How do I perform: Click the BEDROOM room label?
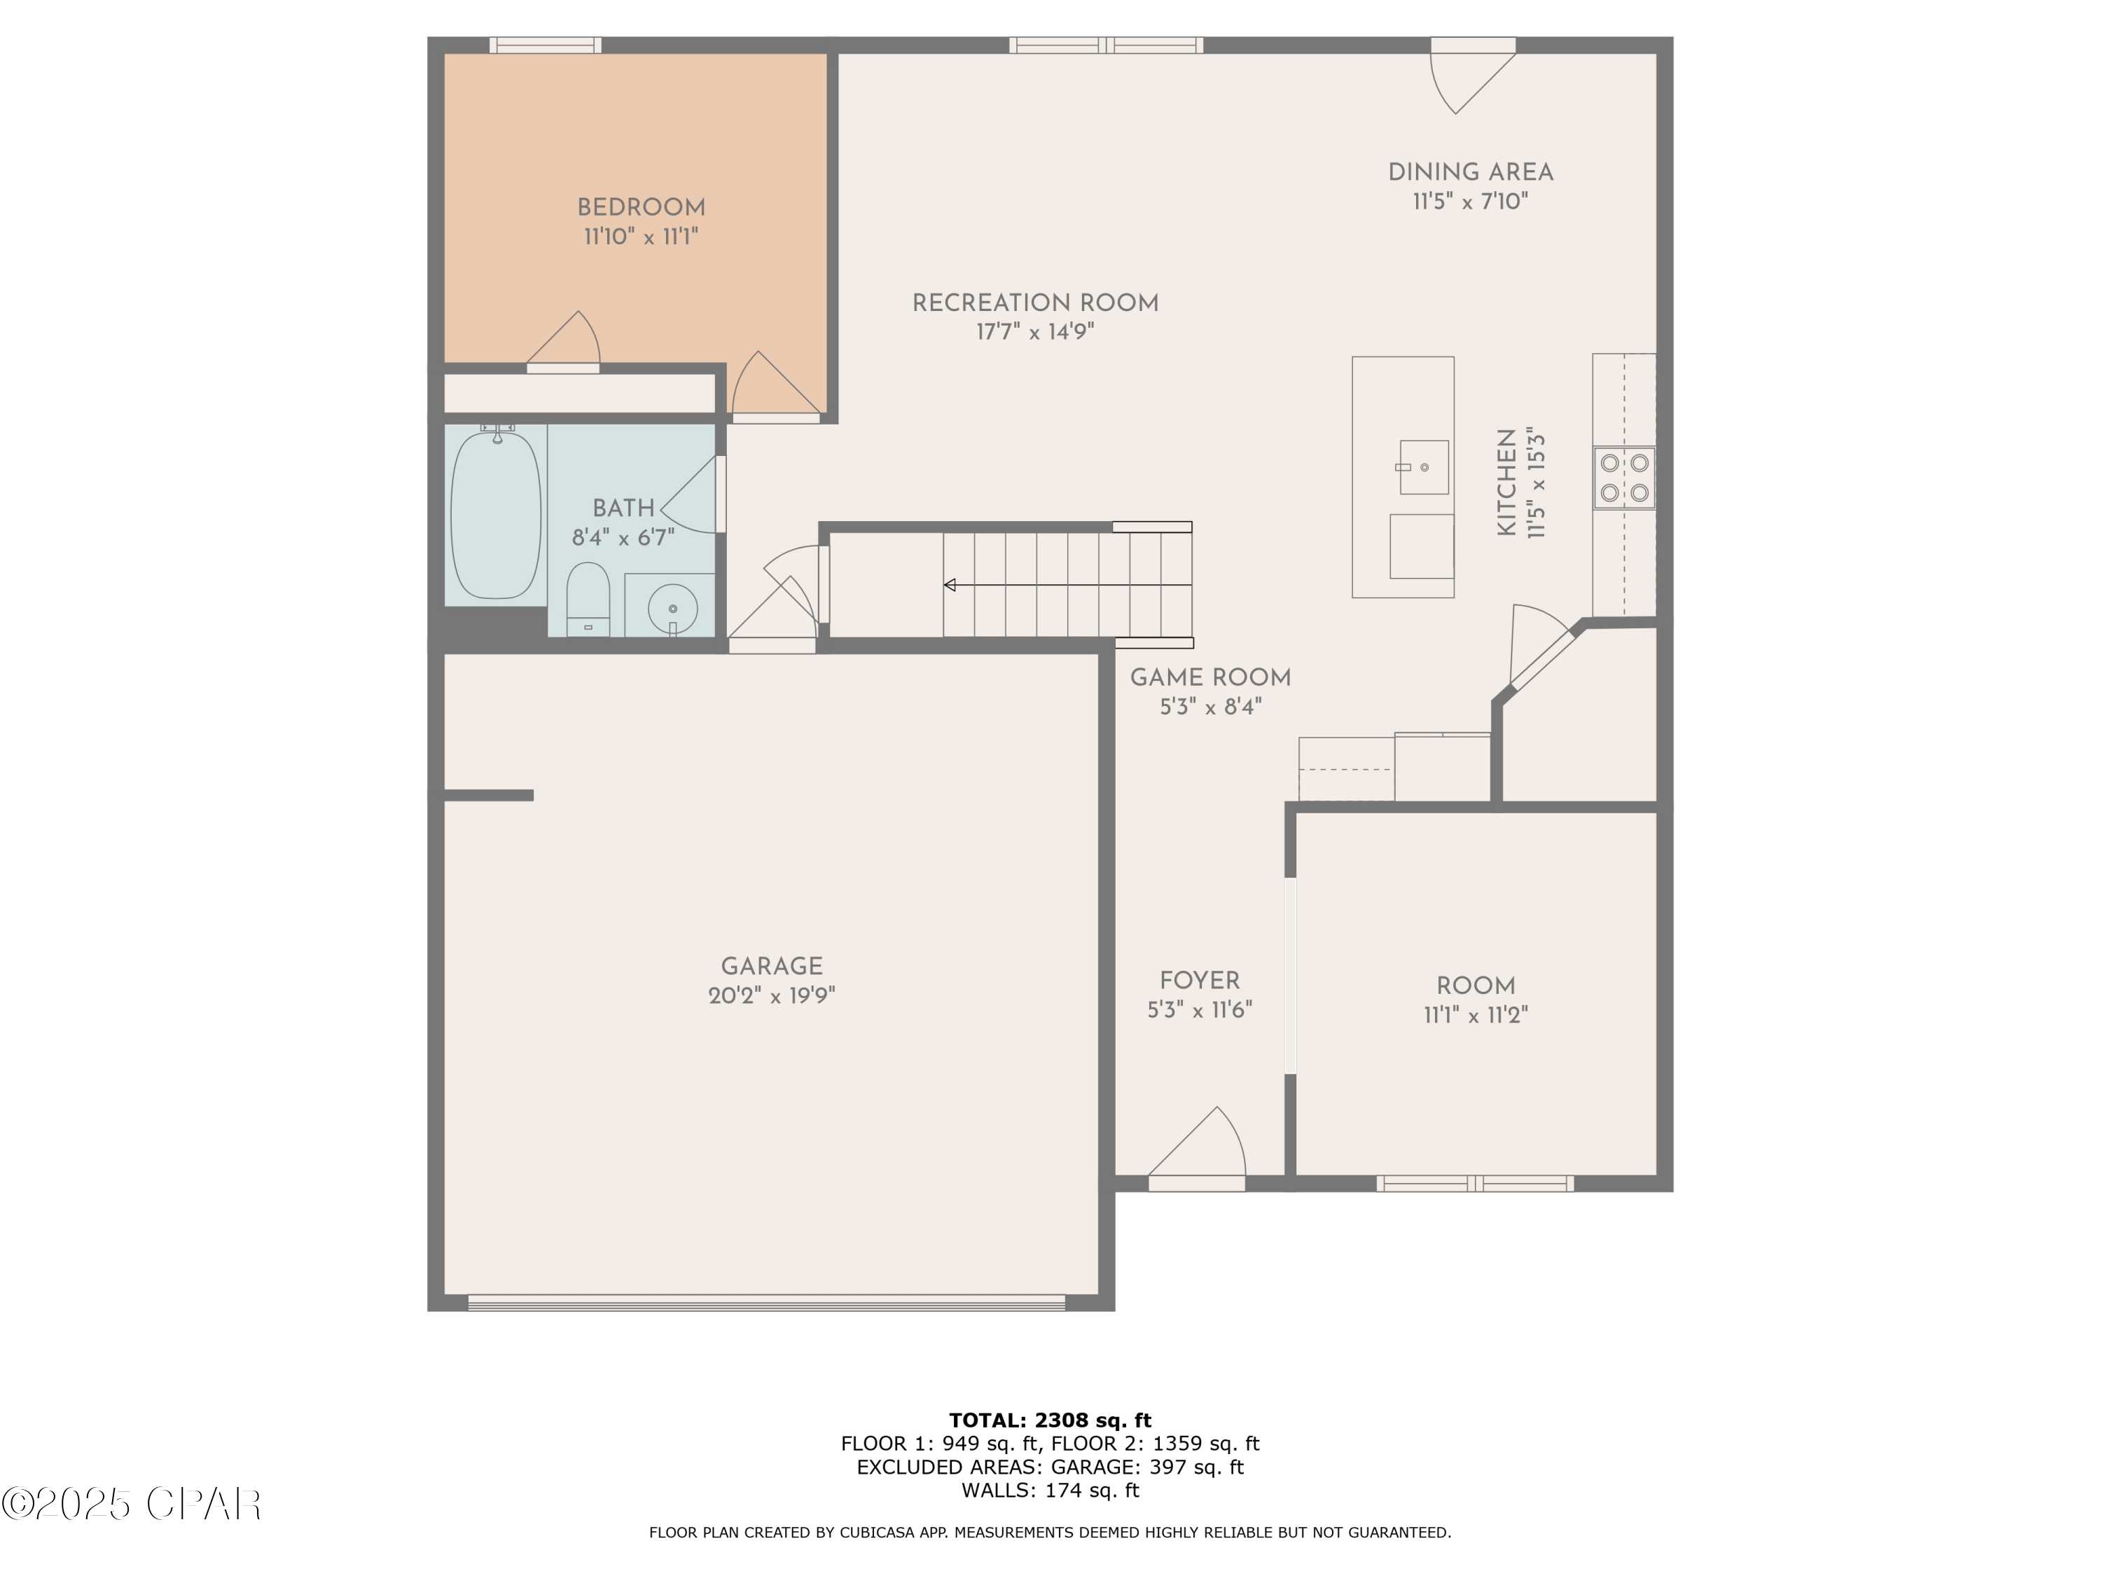[x=641, y=208]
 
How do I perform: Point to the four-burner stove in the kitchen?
[x=1624, y=478]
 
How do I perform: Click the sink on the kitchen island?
[x=1424, y=467]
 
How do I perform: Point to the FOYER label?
[x=1200, y=981]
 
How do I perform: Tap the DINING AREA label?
[x=1470, y=173]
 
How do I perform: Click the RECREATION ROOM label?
[x=1035, y=304]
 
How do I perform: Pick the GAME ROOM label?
[x=1210, y=678]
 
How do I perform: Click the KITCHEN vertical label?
[x=1506, y=483]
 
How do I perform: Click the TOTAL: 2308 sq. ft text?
[x=1050, y=1421]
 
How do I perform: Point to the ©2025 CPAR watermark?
[x=132, y=1504]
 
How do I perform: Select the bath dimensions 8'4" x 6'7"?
[x=623, y=539]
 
